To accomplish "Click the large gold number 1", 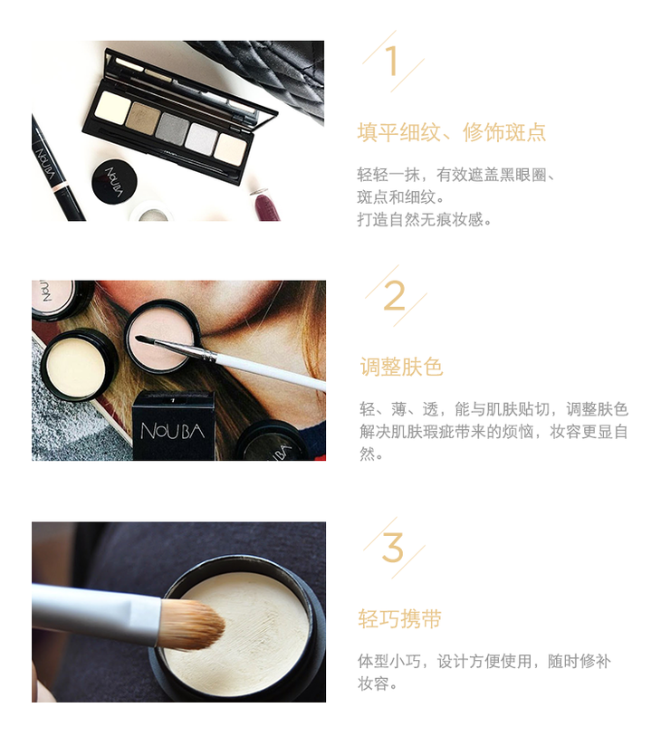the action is [392, 61].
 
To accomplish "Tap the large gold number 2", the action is [395, 295].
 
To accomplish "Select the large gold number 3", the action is [393, 548].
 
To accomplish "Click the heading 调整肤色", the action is [401, 367].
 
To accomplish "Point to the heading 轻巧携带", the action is [399, 618].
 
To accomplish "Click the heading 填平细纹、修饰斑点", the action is [452, 132].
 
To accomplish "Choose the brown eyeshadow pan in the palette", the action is [142, 119].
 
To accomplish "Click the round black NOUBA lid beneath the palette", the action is [114, 182].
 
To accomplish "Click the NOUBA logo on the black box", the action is [172, 431].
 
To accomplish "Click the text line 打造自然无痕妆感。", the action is [425, 219].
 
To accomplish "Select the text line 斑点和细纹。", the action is [401, 196].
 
